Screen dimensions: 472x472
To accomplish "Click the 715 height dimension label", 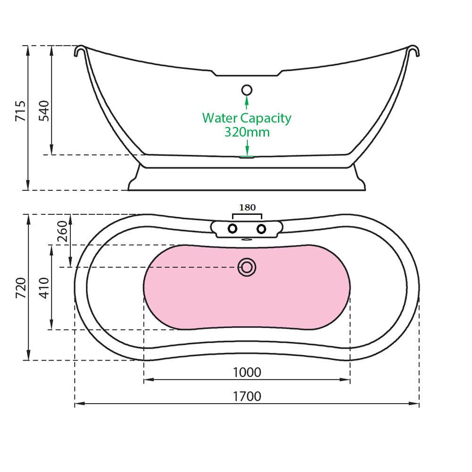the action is [x=20, y=111].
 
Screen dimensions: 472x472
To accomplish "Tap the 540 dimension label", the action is [x=44, y=111].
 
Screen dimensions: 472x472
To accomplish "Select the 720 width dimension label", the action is [x=20, y=288].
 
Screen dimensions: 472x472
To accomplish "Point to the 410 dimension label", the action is [x=44, y=288].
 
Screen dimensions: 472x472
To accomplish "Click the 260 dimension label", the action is [x=63, y=231].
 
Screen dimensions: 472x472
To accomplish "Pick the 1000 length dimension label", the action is [x=247, y=372].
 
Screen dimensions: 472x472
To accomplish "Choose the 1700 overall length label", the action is [x=247, y=396].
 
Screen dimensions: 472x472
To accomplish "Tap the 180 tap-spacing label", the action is [x=247, y=207].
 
